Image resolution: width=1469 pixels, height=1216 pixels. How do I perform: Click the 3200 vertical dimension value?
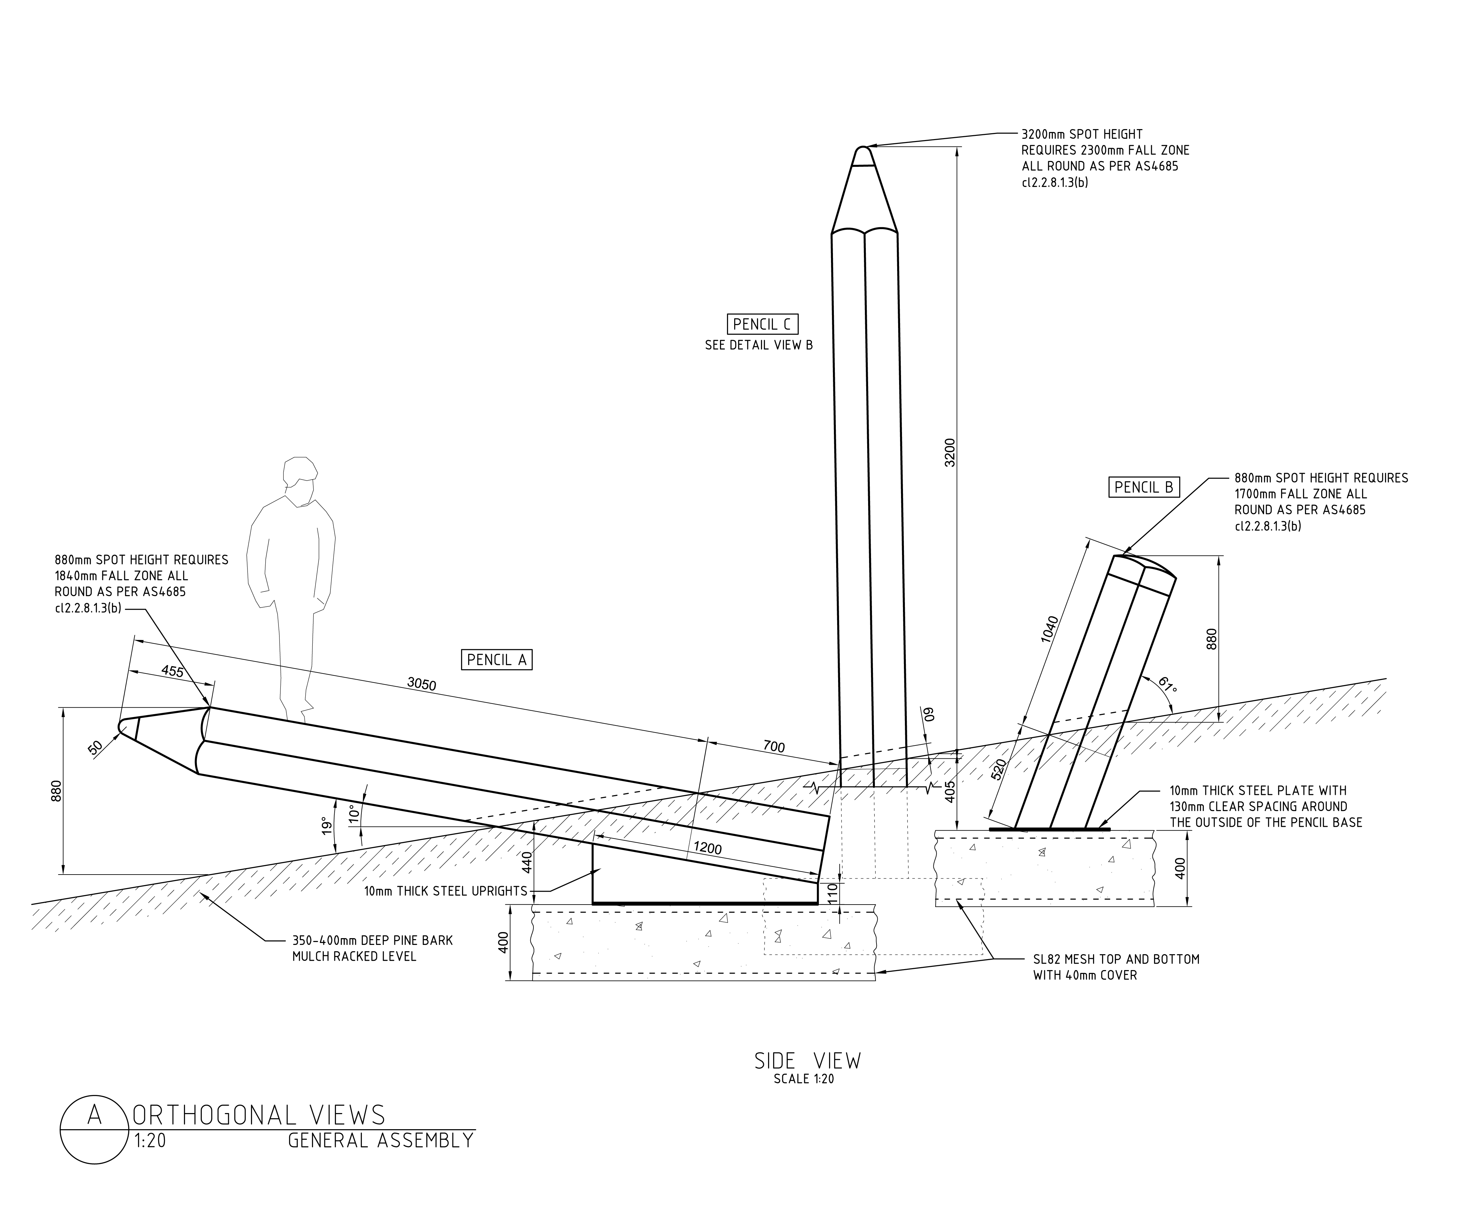coord(949,452)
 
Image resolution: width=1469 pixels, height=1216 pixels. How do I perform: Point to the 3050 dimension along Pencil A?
coord(422,684)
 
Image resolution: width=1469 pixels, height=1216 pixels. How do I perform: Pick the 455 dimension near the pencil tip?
coord(172,671)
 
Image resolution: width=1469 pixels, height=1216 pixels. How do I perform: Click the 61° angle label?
coord(1167,684)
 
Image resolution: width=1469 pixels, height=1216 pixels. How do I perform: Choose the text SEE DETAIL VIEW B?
coord(759,345)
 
